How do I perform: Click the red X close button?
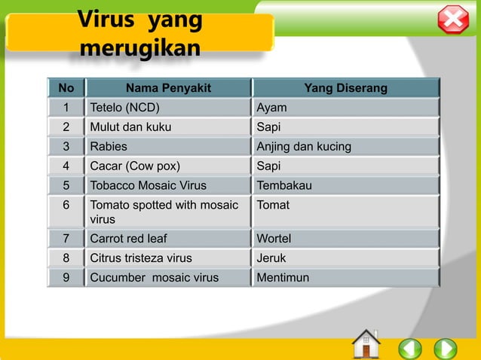click(453, 20)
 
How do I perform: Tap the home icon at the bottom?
click(366, 345)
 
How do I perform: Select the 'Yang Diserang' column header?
click(345, 89)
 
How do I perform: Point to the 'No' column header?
click(66, 89)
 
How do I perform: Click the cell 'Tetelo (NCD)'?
click(125, 108)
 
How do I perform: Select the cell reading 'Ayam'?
click(271, 108)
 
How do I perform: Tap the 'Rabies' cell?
click(109, 146)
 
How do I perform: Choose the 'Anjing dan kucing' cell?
click(304, 146)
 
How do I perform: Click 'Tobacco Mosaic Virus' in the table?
click(148, 185)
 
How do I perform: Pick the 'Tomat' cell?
click(273, 205)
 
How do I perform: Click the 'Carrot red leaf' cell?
click(128, 239)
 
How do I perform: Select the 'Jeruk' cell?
click(271, 258)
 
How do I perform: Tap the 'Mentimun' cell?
click(283, 277)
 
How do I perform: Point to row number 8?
click(66, 258)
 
